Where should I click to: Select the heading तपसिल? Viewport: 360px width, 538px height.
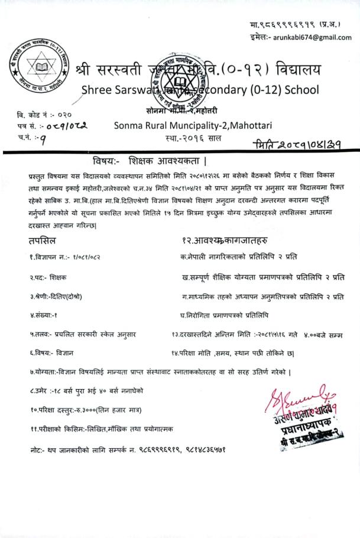[x=43, y=241]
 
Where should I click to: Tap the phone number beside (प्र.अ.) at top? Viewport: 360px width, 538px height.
[x=278, y=25]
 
